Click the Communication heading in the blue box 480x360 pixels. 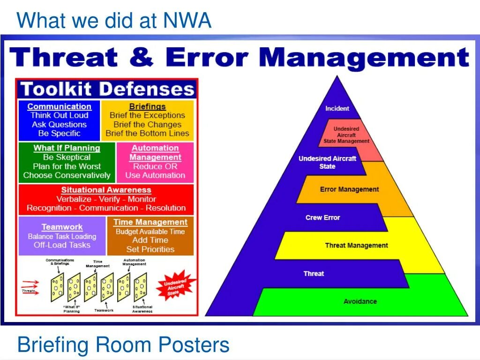coord(59,106)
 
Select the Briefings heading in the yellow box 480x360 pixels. coord(147,106)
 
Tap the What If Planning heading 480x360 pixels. coord(67,148)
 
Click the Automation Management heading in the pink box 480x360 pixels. coord(155,153)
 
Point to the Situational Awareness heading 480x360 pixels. coord(106,190)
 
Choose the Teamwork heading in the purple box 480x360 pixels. coord(62,227)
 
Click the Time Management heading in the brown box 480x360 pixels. coord(150,222)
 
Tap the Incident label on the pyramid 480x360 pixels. coord(337,109)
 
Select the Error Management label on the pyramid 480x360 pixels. coord(349,189)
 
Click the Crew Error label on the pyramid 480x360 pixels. coord(322,217)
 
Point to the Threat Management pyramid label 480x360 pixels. coord(356,245)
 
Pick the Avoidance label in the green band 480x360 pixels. coord(360,301)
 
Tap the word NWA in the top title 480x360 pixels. coord(187,21)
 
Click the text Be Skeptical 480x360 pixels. coord(67,157)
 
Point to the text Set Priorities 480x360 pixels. coord(150,249)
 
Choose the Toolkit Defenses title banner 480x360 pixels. coord(107,89)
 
